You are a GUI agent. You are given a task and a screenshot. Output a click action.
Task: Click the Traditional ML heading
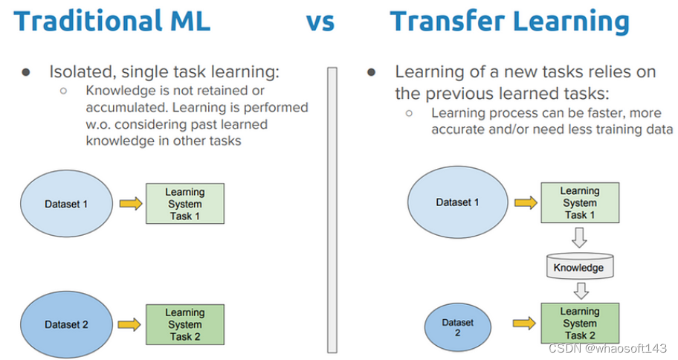tap(112, 21)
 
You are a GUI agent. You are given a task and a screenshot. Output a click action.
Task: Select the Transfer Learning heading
tap(509, 21)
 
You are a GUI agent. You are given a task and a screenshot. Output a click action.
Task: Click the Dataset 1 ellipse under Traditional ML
tap(65, 204)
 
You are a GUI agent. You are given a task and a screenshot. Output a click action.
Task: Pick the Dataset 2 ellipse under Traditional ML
tap(66, 324)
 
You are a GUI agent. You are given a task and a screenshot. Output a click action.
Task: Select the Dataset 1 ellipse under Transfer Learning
tap(457, 202)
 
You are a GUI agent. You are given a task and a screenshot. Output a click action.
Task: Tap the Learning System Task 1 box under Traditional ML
tap(184, 204)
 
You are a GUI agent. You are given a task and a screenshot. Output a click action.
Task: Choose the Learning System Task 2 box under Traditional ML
tap(184, 324)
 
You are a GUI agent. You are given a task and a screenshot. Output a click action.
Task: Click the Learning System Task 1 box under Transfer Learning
tap(579, 202)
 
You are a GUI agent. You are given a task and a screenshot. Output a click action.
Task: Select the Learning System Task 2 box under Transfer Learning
tap(579, 323)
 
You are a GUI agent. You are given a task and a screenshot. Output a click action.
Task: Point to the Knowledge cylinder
tap(579, 267)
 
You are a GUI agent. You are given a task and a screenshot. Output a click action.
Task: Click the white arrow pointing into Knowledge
tap(579, 238)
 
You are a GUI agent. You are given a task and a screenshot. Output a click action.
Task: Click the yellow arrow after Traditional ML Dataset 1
tap(130, 204)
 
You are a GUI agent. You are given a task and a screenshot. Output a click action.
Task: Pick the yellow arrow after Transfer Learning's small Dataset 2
tap(523, 323)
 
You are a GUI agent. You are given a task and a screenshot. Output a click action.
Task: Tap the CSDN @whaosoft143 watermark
tap(607, 348)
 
